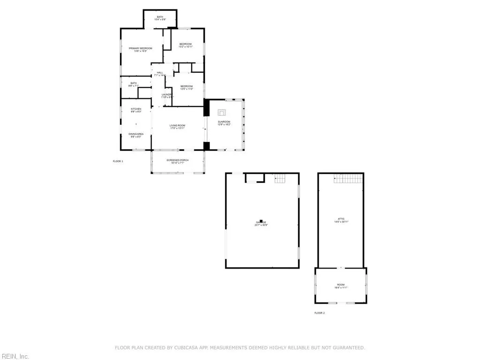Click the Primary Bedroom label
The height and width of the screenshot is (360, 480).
pos(141,48)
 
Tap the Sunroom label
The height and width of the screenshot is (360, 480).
pos(224,122)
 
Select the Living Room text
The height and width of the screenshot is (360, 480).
pos(178,126)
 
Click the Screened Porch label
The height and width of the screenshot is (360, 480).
pos(178,160)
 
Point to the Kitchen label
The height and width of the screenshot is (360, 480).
pos(136,109)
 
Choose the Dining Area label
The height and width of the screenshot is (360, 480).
pos(136,134)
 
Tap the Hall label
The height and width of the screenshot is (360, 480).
pos(160,72)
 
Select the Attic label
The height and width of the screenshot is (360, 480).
pos(341,219)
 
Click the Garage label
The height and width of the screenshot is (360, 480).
pos(261,222)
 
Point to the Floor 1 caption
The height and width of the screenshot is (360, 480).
pos(118,161)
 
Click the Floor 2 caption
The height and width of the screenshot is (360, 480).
pos(319,313)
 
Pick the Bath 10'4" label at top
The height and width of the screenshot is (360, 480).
pos(160,17)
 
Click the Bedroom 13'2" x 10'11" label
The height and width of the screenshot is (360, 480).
pos(186,44)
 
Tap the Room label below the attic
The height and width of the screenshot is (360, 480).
pos(340,285)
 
